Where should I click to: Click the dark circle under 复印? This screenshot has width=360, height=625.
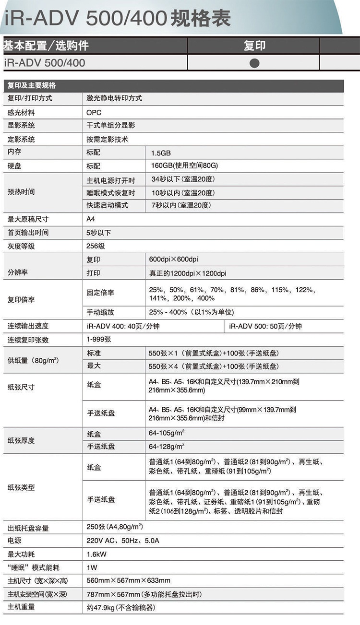click(x=254, y=63)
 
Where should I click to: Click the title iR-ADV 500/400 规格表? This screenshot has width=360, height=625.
click(x=118, y=19)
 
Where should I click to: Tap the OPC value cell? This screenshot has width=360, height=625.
click(x=94, y=112)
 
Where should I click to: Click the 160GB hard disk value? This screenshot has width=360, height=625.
click(x=184, y=166)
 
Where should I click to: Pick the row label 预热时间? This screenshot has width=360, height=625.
click(x=21, y=192)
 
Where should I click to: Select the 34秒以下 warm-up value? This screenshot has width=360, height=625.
click(x=182, y=180)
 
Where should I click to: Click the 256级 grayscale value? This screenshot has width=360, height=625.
click(x=96, y=246)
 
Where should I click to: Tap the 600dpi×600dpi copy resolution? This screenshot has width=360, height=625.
click(x=173, y=259)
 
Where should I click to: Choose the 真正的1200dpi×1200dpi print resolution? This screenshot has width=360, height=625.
click(x=187, y=273)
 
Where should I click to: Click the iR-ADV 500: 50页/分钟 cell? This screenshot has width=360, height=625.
click(x=265, y=326)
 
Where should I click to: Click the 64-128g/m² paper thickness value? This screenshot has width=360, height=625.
click(x=167, y=447)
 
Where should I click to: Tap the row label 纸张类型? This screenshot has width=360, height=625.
click(x=21, y=487)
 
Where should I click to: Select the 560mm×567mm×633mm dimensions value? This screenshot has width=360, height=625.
click(x=128, y=580)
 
